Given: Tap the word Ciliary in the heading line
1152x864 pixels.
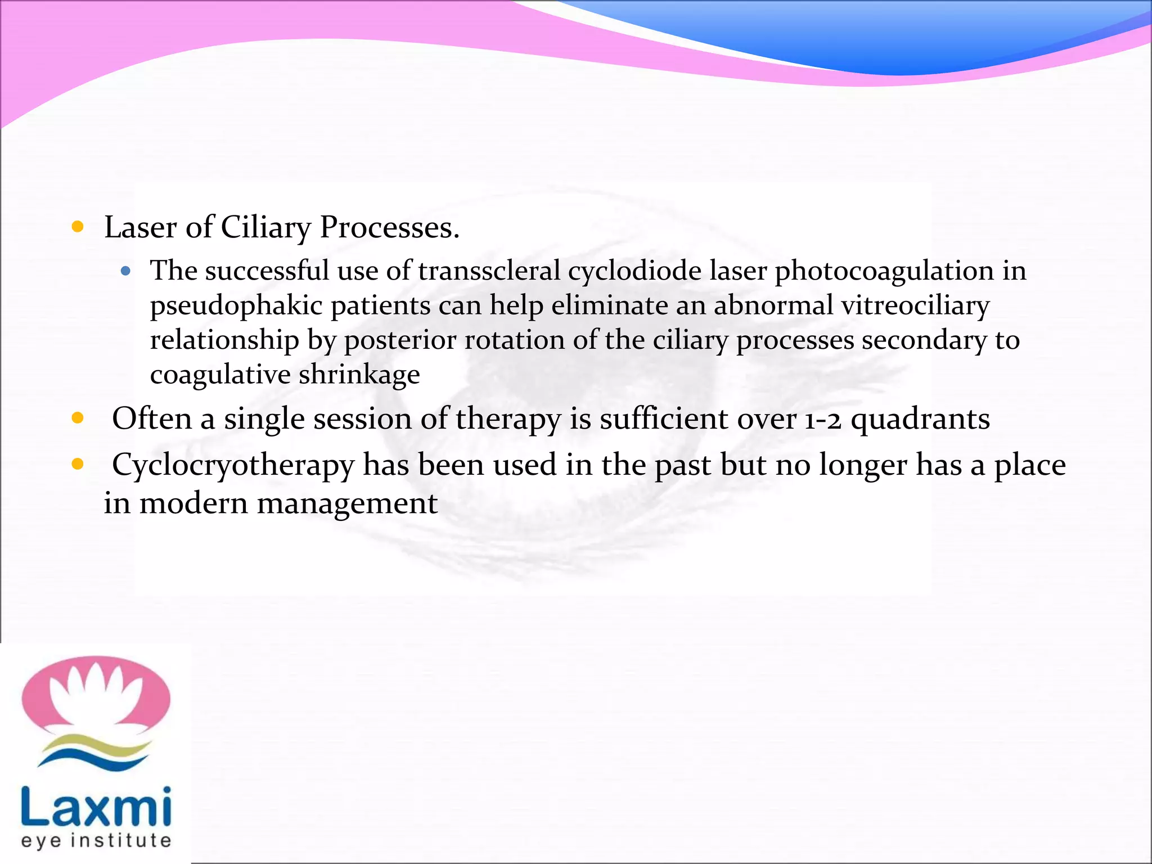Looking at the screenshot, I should [x=265, y=228].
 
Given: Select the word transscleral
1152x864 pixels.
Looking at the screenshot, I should [x=489, y=271].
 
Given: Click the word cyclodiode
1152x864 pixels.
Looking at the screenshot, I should [x=634, y=271].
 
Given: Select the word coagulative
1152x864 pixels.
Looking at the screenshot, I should [x=220, y=375].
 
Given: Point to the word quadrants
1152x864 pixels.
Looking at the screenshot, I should [x=920, y=420].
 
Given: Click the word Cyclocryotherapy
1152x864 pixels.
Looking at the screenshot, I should [x=233, y=466].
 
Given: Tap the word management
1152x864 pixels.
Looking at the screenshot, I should [x=344, y=503].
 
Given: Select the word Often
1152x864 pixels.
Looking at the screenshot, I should [x=152, y=420].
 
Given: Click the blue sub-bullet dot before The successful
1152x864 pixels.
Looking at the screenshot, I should [x=125, y=272].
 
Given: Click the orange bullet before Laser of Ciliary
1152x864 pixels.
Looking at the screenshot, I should [x=78, y=227].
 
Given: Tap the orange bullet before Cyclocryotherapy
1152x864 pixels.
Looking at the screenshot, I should [x=78, y=465].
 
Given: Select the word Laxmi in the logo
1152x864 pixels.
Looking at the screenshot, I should [x=96, y=807].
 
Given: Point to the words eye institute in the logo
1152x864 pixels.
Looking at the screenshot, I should [x=96, y=841].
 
